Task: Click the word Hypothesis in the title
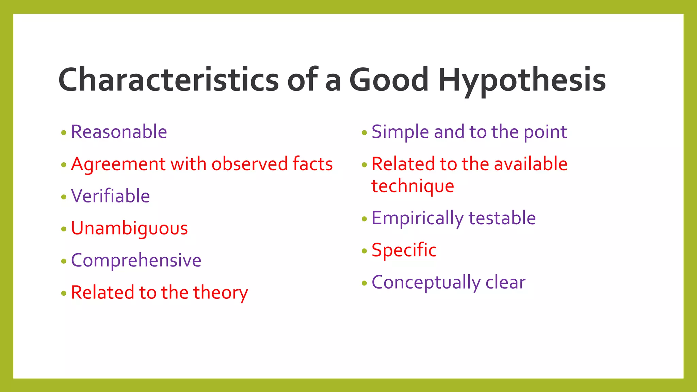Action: tap(522, 80)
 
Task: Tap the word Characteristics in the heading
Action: tap(168, 80)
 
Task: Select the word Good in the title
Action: tap(389, 80)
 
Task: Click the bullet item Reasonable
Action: tap(119, 132)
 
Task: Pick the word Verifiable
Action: tap(110, 196)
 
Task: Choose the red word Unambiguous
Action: tap(129, 228)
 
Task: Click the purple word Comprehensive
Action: tap(136, 261)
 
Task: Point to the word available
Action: tap(531, 164)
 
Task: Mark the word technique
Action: tap(412, 186)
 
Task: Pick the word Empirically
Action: tap(417, 218)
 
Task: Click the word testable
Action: tap(502, 218)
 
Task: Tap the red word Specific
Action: tap(404, 250)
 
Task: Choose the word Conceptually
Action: tap(425, 283)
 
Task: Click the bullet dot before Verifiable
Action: tap(64, 197)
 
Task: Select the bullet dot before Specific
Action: tap(364, 251)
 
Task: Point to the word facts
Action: tap(312, 164)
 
